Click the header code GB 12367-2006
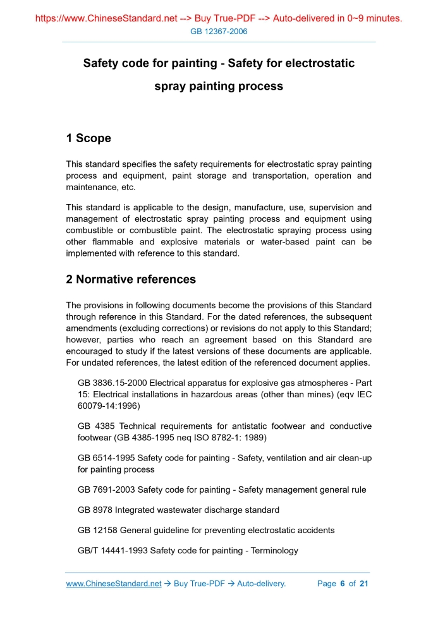coord(219,32)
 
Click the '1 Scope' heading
coord(88,138)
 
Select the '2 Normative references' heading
coord(131,279)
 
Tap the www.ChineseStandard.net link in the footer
coord(114,584)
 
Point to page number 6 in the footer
coord(343,584)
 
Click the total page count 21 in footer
coord(363,584)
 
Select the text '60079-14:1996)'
coord(109,406)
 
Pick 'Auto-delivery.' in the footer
coord(261,584)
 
